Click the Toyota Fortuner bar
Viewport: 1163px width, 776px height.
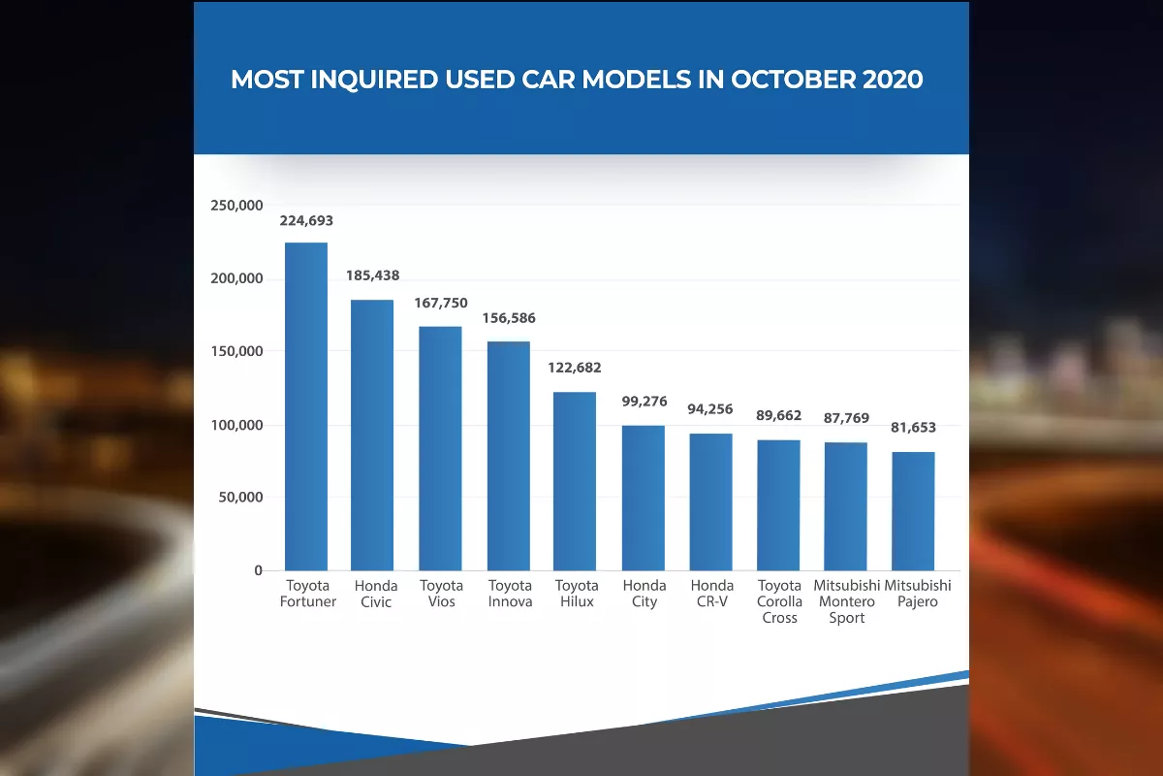pyautogui.click(x=306, y=406)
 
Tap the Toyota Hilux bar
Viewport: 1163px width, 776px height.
pyautogui.click(x=575, y=481)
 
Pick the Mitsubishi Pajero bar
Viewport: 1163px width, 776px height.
pyautogui.click(x=913, y=511)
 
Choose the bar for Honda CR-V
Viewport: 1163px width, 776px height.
pyautogui.click(x=711, y=501)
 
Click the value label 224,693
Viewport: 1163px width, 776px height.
pyautogui.click(x=306, y=221)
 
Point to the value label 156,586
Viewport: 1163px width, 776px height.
pyautogui.click(x=509, y=318)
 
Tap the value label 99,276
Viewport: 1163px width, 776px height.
pyautogui.click(x=644, y=401)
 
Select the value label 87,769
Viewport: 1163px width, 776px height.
pyautogui.click(x=847, y=418)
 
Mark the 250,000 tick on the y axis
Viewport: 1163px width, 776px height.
pyautogui.click(x=236, y=206)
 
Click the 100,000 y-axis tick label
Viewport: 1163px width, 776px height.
pyautogui.click(x=236, y=425)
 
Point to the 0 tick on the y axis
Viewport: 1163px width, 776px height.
pyautogui.click(x=258, y=570)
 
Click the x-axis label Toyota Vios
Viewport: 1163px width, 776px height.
pyautogui.click(x=441, y=594)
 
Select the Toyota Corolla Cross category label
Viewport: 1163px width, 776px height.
pyautogui.click(x=779, y=601)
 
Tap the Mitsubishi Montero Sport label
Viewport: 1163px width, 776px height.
pyautogui.click(x=847, y=601)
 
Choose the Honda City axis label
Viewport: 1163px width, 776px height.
pyautogui.click(x=644, y=594)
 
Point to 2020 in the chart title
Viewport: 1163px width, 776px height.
pyautogui.click(x=892, y=80)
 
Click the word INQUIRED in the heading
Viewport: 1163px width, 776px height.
pyautogui.click(x=373, y=80)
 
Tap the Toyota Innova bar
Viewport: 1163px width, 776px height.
pyautogui.click(x=509, y=456)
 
